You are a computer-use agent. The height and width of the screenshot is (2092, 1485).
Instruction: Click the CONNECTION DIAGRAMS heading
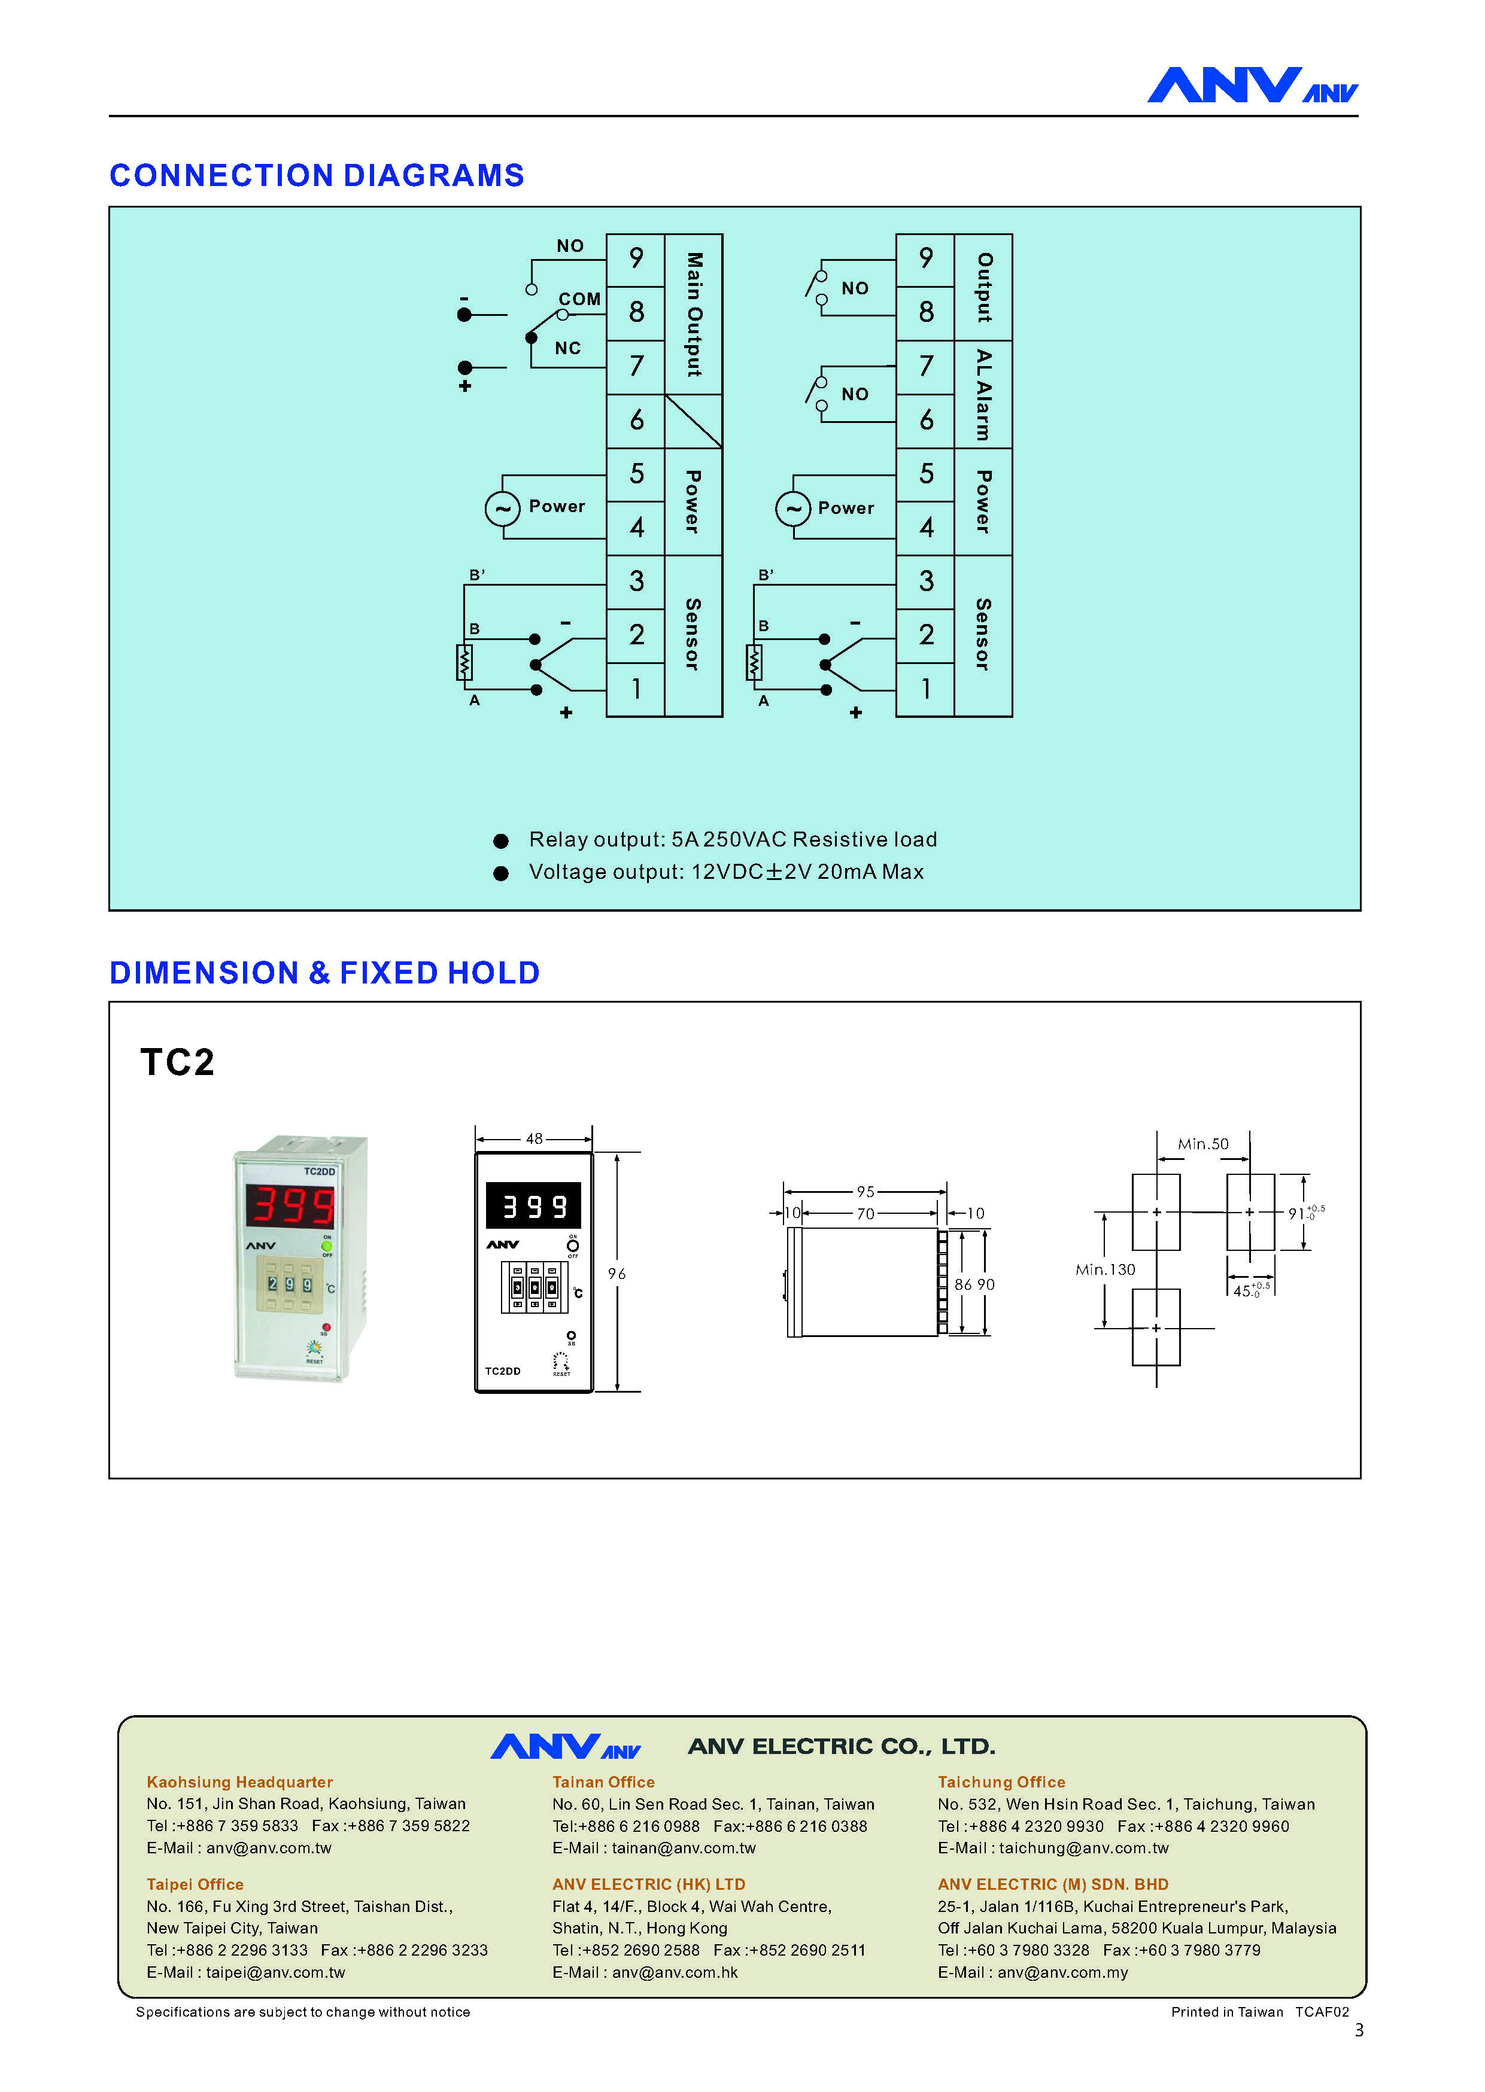pyautogui.click(x=317, y=175)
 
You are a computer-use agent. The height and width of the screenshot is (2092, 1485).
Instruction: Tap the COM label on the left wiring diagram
pyautogui.click(x=580, y=299)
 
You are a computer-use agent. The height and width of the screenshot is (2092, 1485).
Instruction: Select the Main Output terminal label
pyautogui.click(x=694, y=315)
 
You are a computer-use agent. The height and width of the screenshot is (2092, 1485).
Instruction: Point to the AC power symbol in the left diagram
pyautogui.click(x=502, y=508)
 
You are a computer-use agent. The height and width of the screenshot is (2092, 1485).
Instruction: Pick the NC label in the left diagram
pyautogui.click(x=568, y=348)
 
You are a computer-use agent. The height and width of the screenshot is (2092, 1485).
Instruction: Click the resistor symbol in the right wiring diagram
pyautogui.click(x=754, y=663)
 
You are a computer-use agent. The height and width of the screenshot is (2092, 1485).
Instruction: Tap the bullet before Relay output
pyautogui.click(x=501, y=841)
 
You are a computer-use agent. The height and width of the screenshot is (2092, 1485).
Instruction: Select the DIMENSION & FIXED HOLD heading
pyautogui.click(x=324, y=973)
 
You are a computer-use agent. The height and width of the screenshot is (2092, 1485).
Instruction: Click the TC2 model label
pyautogui.click(x=177, y=1062)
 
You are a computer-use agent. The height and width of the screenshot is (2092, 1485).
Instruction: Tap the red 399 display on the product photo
pyautogui.click(x=291, y=1205)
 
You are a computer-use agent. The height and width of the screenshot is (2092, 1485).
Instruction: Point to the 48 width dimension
pyautogui.click(x=534, y=1139)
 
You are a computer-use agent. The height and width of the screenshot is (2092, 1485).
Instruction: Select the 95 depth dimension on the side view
pyautogui.click(x=865, y=1192)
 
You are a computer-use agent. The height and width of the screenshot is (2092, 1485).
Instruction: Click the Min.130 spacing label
pyautogui.click(x=1106, y=1269)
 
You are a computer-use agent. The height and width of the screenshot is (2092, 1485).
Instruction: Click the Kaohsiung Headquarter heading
pyautogui.click(x=239, y=1782)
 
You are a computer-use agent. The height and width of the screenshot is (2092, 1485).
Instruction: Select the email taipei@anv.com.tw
pyautogui.click(x=275, y=1972)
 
